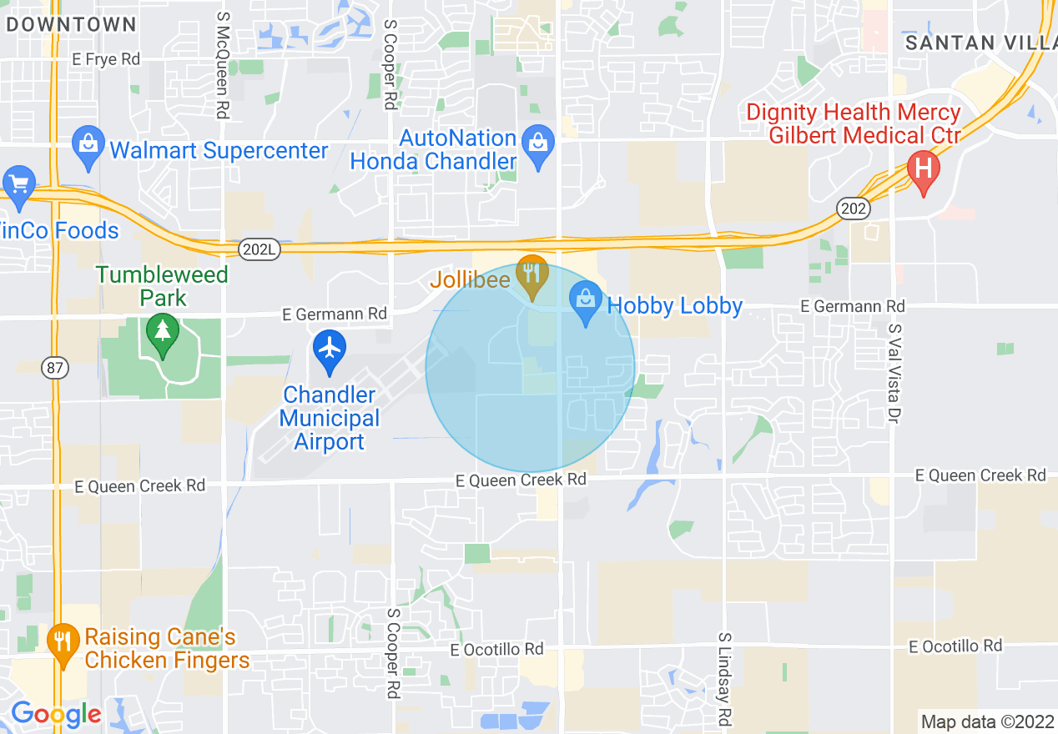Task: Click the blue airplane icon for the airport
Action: coord(330,349)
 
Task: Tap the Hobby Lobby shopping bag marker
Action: coord(586,300)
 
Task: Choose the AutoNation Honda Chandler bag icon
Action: coord(538,144)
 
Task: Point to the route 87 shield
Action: coord(56,366)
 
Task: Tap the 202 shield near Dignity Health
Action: coord(854,208)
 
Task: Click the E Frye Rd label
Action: coord(106,59)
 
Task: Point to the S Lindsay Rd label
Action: coord(724,678)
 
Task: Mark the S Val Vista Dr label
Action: coord(894,372)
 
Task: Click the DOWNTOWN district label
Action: coord(72,24)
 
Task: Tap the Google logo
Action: coord(56,713)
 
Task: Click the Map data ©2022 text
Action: coord(986,721)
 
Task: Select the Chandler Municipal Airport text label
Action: coord(330,418)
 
